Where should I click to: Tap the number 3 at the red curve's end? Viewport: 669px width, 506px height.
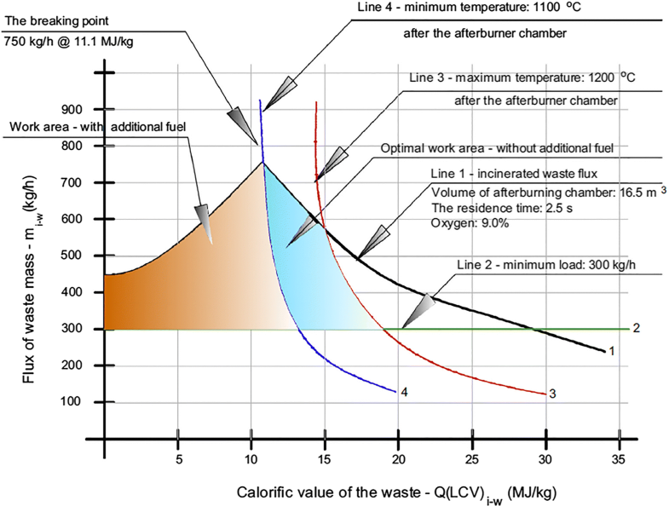[552, 394]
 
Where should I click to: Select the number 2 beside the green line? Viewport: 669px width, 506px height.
[636, 328]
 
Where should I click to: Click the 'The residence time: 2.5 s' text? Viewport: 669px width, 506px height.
[499, 207]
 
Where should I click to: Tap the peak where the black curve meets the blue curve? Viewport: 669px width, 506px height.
[263, 163]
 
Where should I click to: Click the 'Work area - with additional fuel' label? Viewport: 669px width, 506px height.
[98, 127]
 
